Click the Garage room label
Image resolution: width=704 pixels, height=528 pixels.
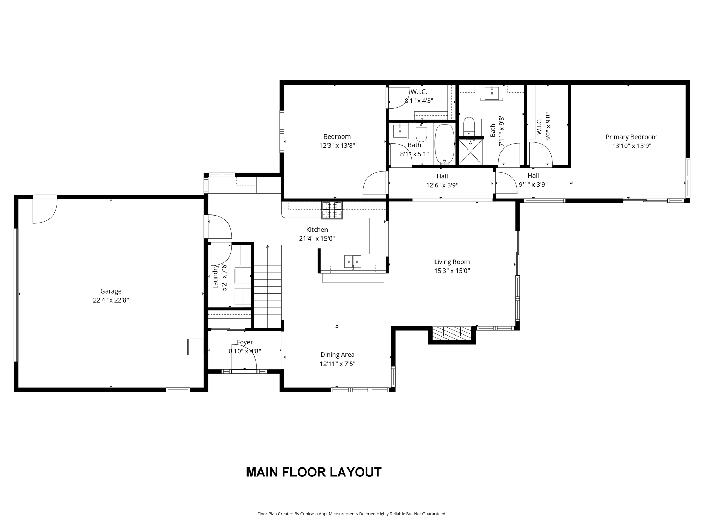(x=111, y=291)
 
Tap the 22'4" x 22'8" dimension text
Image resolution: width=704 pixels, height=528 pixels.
(x=111, y=300)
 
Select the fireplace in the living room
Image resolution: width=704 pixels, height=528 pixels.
(x=452, y=334)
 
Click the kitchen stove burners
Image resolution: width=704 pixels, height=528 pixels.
(x=332, y=210)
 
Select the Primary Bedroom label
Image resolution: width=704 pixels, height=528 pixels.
(x=631, y=137)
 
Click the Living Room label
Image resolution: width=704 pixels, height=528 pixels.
(x=452, y=262)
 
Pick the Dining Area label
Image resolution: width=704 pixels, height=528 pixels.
(x=337, y=355)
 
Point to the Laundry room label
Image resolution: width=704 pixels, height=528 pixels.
(x=216, y=277)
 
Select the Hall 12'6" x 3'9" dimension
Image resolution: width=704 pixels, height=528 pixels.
(x=442, y=185)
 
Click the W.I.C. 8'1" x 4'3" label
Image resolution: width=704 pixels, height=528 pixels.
(x=419, y=97)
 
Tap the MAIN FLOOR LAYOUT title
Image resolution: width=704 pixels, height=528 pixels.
(x=313, y=472)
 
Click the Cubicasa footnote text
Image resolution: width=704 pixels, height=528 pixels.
(x=352, y=514)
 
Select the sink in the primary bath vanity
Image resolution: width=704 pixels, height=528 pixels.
(x=492, y=93)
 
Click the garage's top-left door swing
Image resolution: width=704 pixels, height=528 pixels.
(x=45, y=211)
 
